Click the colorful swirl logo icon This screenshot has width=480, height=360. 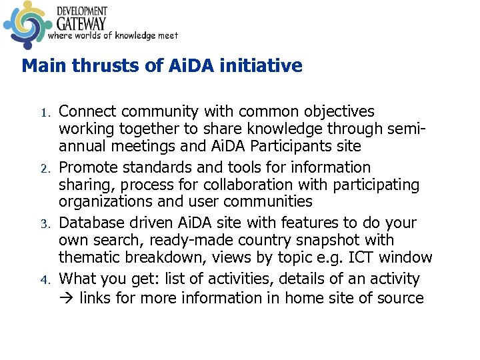click(x=25, y=25)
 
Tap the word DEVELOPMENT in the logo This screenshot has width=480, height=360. click(x=81, y=11)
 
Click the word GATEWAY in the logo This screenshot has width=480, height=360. click(x=81, y=23)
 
